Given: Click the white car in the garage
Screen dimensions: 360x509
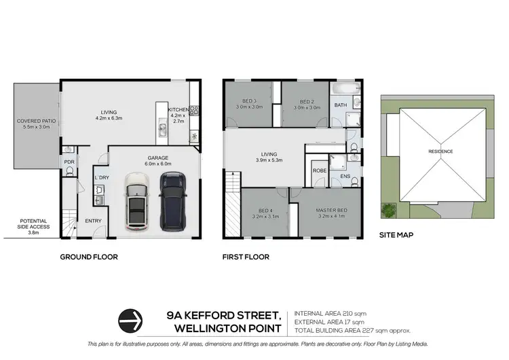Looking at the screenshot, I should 138,202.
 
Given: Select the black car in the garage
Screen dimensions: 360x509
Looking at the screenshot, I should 172,200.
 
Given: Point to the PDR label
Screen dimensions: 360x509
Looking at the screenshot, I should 69,162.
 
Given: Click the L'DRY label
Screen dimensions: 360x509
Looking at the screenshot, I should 102,177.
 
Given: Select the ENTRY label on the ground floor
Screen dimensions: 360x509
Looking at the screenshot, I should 92,221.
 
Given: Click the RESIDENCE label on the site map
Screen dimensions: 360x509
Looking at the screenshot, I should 440,151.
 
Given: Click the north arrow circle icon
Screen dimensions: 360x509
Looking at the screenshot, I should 131,318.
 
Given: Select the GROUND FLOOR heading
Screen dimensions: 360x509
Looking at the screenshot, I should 89,257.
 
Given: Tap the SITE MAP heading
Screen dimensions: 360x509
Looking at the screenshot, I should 397,235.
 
